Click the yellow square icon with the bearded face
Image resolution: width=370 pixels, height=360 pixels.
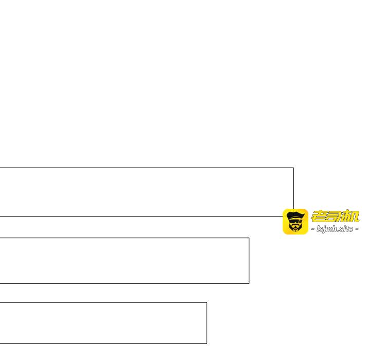[295, 222]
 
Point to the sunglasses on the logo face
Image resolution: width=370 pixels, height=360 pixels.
[295, 221]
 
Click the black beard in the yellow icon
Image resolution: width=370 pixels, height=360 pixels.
[295, 227]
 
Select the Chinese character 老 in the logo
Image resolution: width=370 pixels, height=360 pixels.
[319, 216]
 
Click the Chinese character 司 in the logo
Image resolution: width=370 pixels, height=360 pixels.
[335, 216]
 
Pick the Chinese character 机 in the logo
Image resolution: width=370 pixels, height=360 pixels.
[350, 216]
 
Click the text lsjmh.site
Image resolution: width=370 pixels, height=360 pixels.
[335, 229]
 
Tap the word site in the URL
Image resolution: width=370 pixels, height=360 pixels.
[345, 229]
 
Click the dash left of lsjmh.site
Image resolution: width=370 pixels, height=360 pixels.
[313, 229]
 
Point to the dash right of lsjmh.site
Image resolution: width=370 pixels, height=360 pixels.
[357, 229]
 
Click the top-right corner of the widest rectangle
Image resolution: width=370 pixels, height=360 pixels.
[293, 168]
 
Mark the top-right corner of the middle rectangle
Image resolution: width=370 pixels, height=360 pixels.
[249, 238]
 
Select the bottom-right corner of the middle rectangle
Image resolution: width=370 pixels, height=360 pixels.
[249, 283]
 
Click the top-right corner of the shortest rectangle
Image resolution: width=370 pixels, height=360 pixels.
[207, 302]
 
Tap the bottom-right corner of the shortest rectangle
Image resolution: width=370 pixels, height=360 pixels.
[207, 344]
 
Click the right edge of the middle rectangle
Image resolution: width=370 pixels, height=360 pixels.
[249, 261]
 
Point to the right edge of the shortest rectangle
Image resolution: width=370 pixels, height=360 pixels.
[207, 323]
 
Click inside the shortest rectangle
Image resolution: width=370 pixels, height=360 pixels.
[103, 323]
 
